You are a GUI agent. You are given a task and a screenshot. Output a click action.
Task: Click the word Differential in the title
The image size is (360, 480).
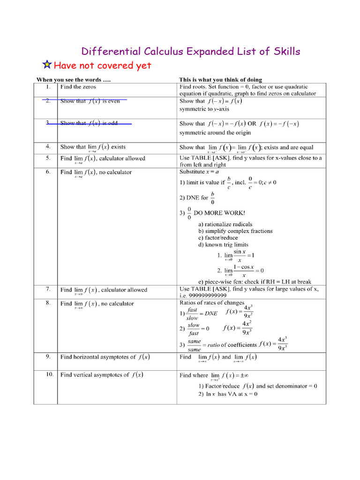coord(107,51)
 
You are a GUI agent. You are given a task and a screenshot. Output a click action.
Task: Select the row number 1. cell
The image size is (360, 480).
coord(48,87)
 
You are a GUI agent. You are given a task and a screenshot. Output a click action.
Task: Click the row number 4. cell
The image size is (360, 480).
coord(48,146)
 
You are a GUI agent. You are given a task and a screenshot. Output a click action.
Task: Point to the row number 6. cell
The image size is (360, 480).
coord(48,172)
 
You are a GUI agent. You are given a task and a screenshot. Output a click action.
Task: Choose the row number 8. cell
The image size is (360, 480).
coord(48,303)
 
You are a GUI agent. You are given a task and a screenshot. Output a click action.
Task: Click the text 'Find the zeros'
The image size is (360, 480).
coord(78,87)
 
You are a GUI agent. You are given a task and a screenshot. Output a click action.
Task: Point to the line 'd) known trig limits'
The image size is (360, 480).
coord(223,245)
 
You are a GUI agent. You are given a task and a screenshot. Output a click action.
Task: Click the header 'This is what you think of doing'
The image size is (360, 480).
coord(221,80)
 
